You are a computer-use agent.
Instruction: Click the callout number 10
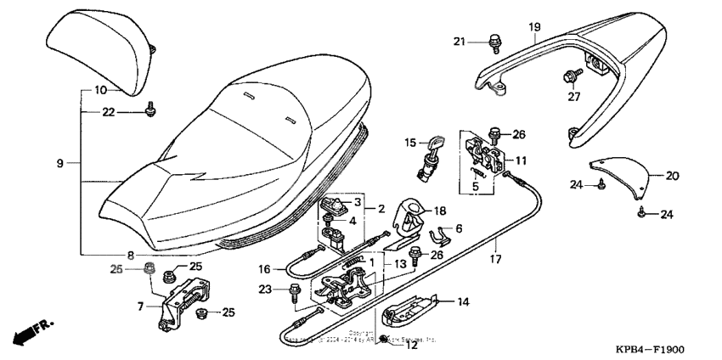(100, 89)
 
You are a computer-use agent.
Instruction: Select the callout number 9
(60, 162)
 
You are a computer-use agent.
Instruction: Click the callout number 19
(534, 27)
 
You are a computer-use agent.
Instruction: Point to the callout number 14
(463, 301)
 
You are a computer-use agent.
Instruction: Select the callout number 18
(440, 211)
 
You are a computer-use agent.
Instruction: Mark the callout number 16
(264, 268)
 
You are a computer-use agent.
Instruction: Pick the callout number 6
(459, 228)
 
